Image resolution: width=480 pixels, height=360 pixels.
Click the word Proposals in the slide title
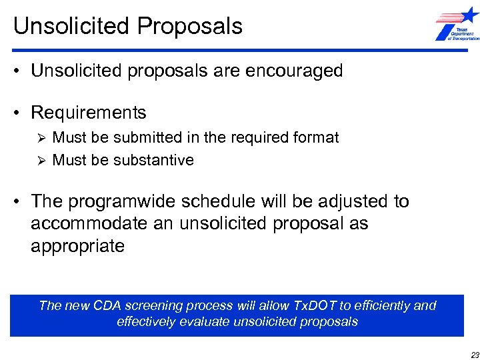tap(190, 26)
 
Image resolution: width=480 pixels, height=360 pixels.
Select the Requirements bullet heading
tap(88, 112)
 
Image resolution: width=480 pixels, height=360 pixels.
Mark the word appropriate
tap(77, 246)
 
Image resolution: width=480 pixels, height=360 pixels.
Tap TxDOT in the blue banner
tap(312, 306)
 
